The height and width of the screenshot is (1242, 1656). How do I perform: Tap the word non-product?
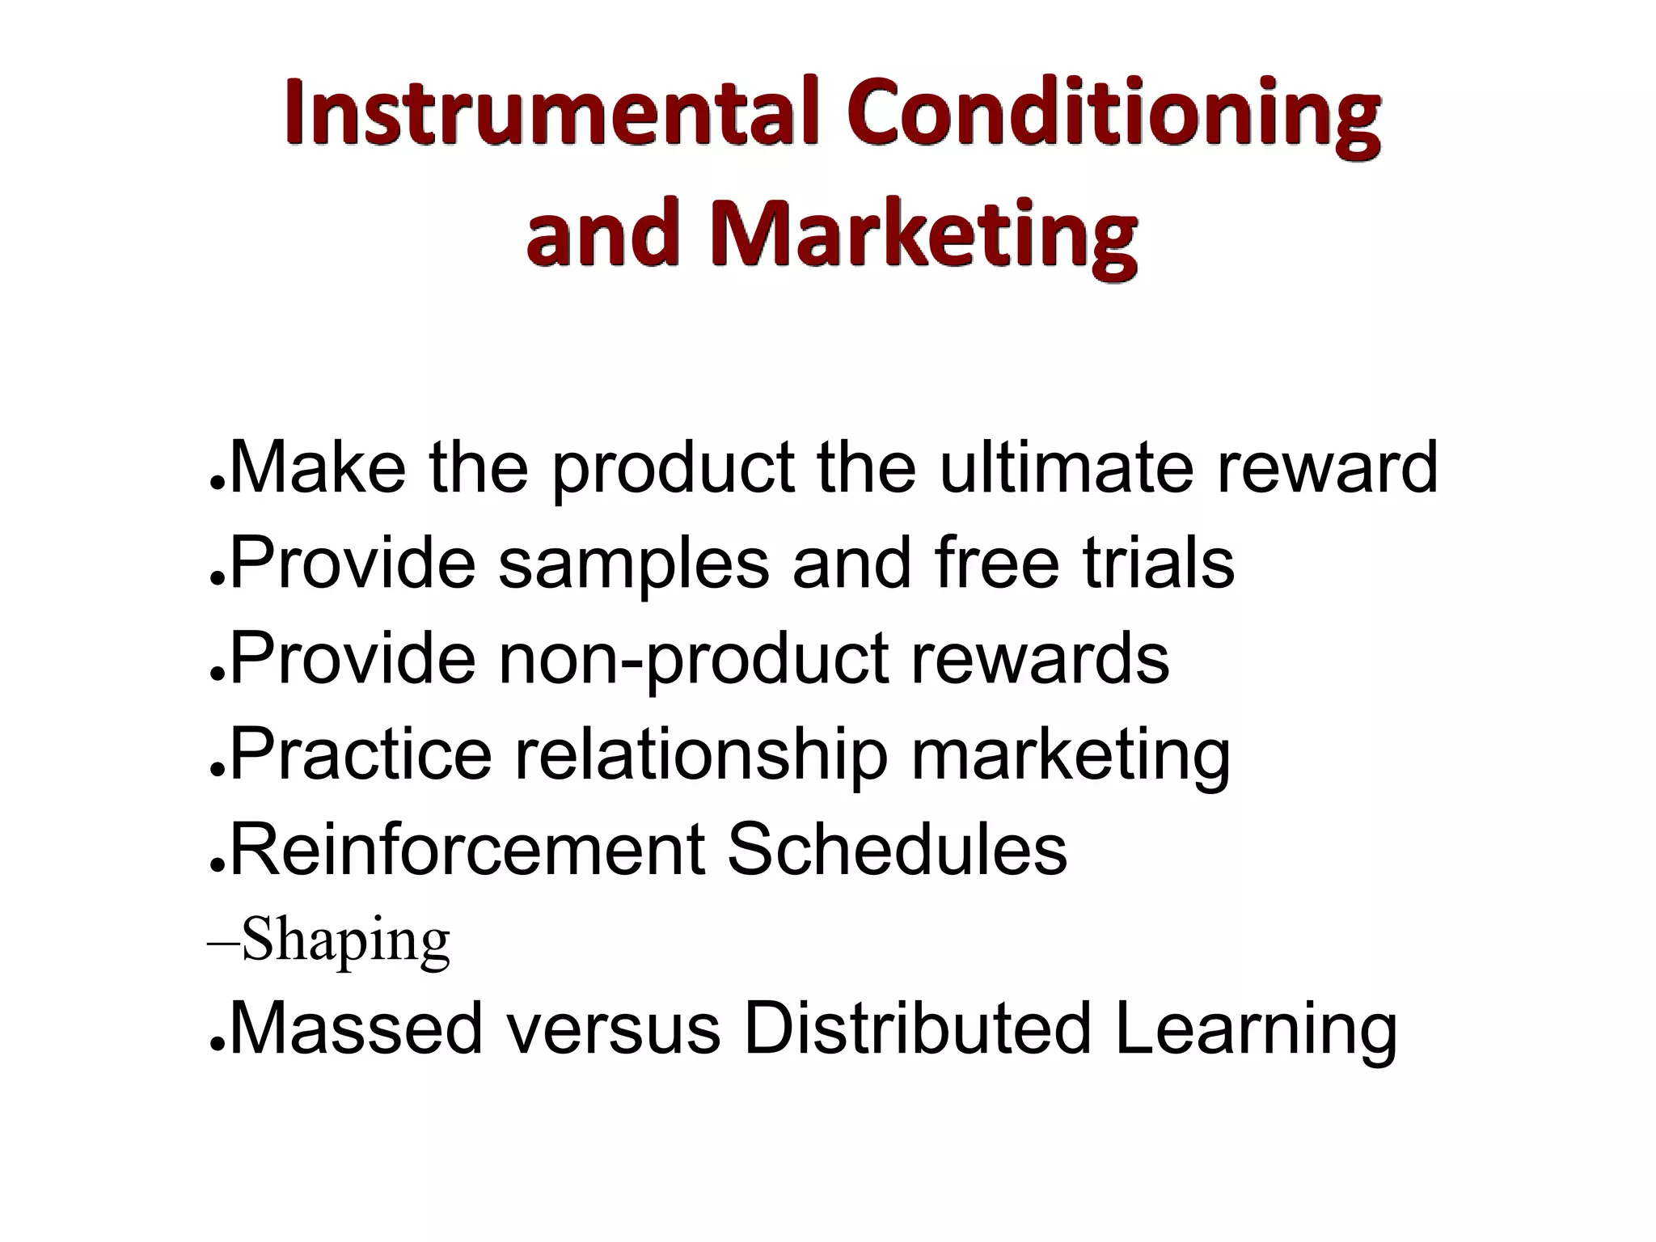(693, 659)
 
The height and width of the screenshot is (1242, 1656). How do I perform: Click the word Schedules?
(897, 848)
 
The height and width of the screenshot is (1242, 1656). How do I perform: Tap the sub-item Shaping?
(345, 940)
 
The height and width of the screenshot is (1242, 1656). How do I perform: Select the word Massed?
(356, 1028)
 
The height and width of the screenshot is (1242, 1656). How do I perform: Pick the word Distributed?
(917, 1028)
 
